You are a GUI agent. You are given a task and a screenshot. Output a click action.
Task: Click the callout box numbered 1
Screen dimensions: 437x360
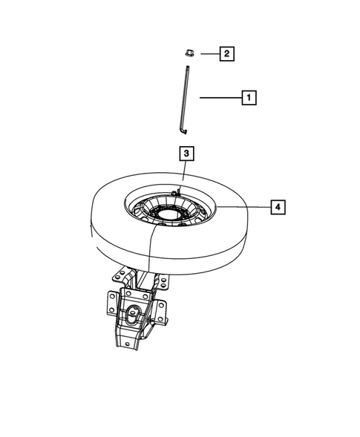[248, 97]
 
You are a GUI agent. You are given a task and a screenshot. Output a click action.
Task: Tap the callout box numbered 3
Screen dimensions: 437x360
[187, 154]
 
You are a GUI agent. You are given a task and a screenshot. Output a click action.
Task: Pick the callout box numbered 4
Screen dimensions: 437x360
[276, 206]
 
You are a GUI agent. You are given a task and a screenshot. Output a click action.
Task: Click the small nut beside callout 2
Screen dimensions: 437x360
[189, 53]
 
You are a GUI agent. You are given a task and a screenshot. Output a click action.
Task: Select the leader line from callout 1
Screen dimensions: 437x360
[218, 97]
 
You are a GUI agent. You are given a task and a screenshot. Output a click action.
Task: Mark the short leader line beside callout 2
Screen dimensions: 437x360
[209, 53]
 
